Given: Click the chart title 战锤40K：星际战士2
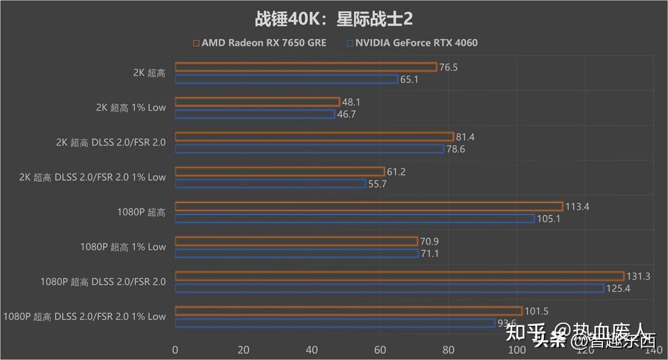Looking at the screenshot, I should (334, 19).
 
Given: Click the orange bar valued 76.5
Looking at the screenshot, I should (306, 67).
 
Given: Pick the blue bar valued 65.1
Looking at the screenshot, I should (286, 79).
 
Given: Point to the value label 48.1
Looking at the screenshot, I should (351, 102).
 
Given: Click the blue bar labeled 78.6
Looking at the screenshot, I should (310, 149).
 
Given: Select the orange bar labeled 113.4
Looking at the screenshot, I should (368, 206).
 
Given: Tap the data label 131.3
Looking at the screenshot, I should (638, 276).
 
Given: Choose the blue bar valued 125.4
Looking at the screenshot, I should (389, 288).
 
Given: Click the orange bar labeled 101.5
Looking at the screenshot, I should (348, 311).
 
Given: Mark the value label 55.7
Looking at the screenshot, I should (378, 184).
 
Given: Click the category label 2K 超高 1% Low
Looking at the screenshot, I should (131, 107).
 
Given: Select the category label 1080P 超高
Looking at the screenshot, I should (141, 212).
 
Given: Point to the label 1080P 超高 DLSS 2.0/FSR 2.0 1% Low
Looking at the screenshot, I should (84, 316).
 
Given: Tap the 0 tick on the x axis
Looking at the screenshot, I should (175, 349).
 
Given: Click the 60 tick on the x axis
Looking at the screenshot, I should (380, 349).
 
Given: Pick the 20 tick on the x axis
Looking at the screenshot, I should (243, 349).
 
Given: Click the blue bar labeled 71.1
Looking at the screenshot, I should (296, 253).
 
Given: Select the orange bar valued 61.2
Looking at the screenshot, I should (280, 172).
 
